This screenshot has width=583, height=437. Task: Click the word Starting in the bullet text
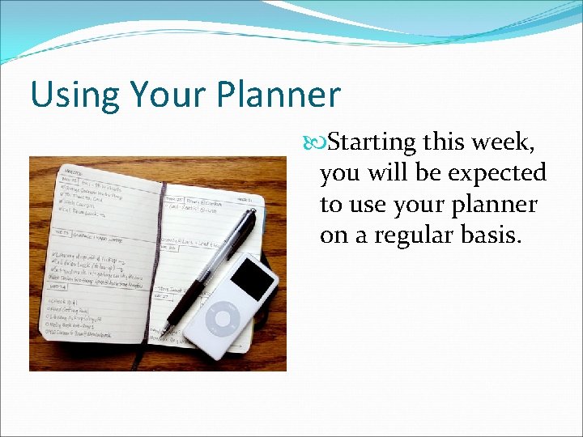(x=372, y=143)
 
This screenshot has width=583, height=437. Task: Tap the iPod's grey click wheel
(x=223, y=320)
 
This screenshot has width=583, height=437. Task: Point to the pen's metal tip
(x=164, y=331)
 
